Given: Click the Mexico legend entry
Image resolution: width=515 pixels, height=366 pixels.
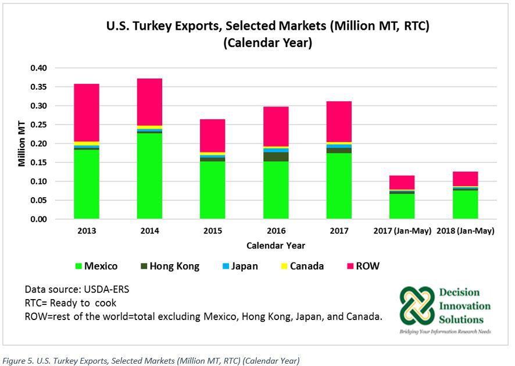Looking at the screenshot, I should click(96, 266).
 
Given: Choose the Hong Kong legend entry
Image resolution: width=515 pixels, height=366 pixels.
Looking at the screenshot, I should click(169, 266).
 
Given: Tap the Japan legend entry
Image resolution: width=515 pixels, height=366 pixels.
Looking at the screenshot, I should click(238, 266).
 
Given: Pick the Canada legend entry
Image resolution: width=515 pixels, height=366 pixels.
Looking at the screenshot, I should click(301, 266).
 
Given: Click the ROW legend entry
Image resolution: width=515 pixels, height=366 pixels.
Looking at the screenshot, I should click(362, 266).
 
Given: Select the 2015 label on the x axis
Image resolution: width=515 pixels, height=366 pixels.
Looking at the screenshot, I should click(212, 231).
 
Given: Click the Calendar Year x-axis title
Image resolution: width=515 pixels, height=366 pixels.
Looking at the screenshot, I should click(276, 245).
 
